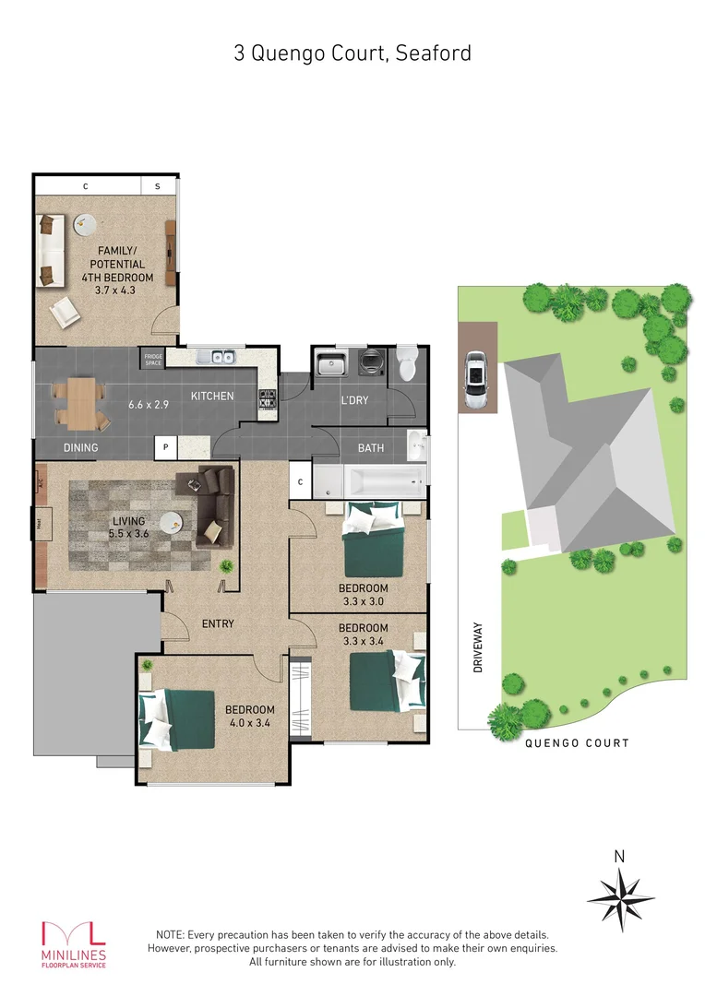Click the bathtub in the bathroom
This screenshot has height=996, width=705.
tap(384, 480)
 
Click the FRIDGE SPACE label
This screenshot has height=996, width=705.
tap(152, 359)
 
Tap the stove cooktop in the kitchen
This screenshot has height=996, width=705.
tap(268, 398)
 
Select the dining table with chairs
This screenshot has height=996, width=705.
tap(84, 404)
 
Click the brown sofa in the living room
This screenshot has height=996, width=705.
tap(213, 505)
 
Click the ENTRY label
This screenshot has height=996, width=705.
tap(218, 624)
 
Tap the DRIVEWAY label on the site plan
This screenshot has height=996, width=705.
tap(479, 650)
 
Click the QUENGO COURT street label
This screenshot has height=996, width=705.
tap(577, 743)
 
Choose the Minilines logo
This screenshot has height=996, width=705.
tap(73, 943)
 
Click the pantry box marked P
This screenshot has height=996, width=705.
tap(165, 447)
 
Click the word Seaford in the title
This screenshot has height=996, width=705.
tap(434, 53)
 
